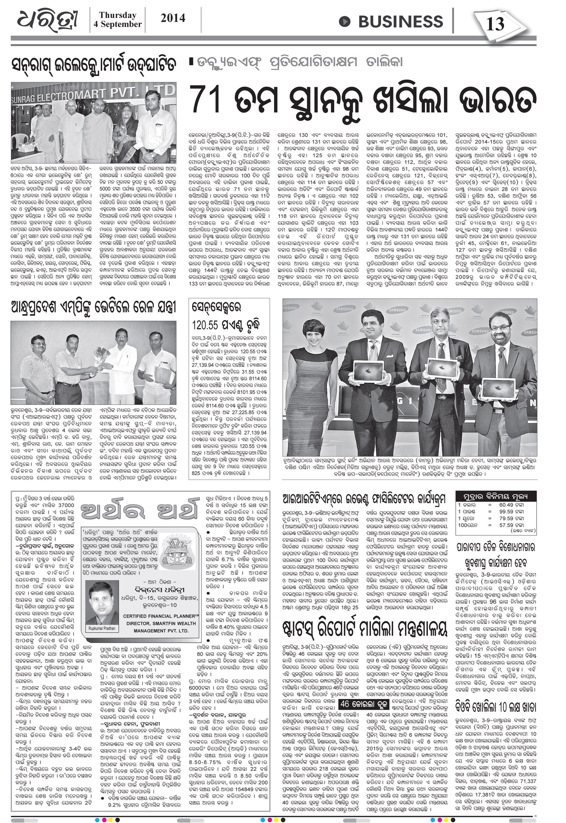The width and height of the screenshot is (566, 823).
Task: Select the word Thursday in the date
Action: pyautogui.click(x=117, y=15)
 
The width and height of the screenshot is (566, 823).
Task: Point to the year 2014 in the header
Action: pyautogui.click(x=173, y=18)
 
